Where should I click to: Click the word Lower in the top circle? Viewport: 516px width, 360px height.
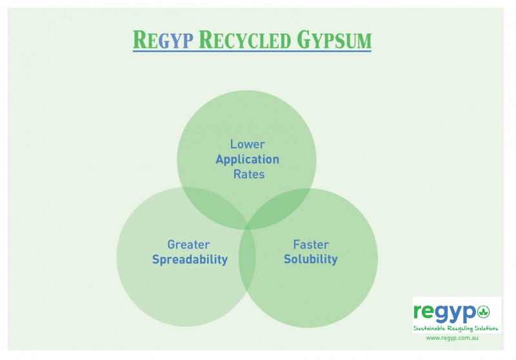(248, 145)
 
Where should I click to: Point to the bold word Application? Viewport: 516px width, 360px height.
(248, 159)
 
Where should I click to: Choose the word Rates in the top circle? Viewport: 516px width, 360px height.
(249, 174)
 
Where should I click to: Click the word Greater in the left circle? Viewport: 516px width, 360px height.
(188, 245)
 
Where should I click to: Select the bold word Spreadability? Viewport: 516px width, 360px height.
(190, 260)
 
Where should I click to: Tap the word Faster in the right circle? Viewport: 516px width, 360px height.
(311, 245)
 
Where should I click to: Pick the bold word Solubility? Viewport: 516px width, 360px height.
(311, 260)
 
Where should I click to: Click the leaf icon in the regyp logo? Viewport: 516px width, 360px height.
(483, 313)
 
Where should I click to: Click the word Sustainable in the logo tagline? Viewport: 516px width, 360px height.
(431, 328)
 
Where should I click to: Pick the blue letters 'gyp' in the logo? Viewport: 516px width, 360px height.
(458, 314)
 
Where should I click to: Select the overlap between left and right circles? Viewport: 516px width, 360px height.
(248, 265)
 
